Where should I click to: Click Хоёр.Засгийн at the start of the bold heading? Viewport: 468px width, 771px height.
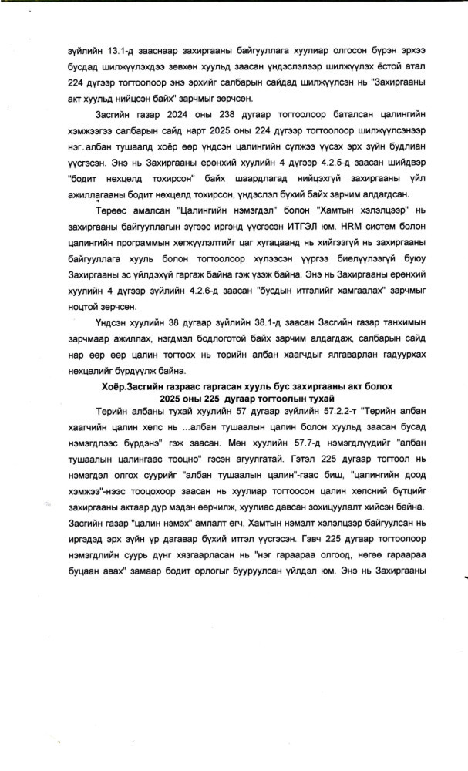tap(133, 385)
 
